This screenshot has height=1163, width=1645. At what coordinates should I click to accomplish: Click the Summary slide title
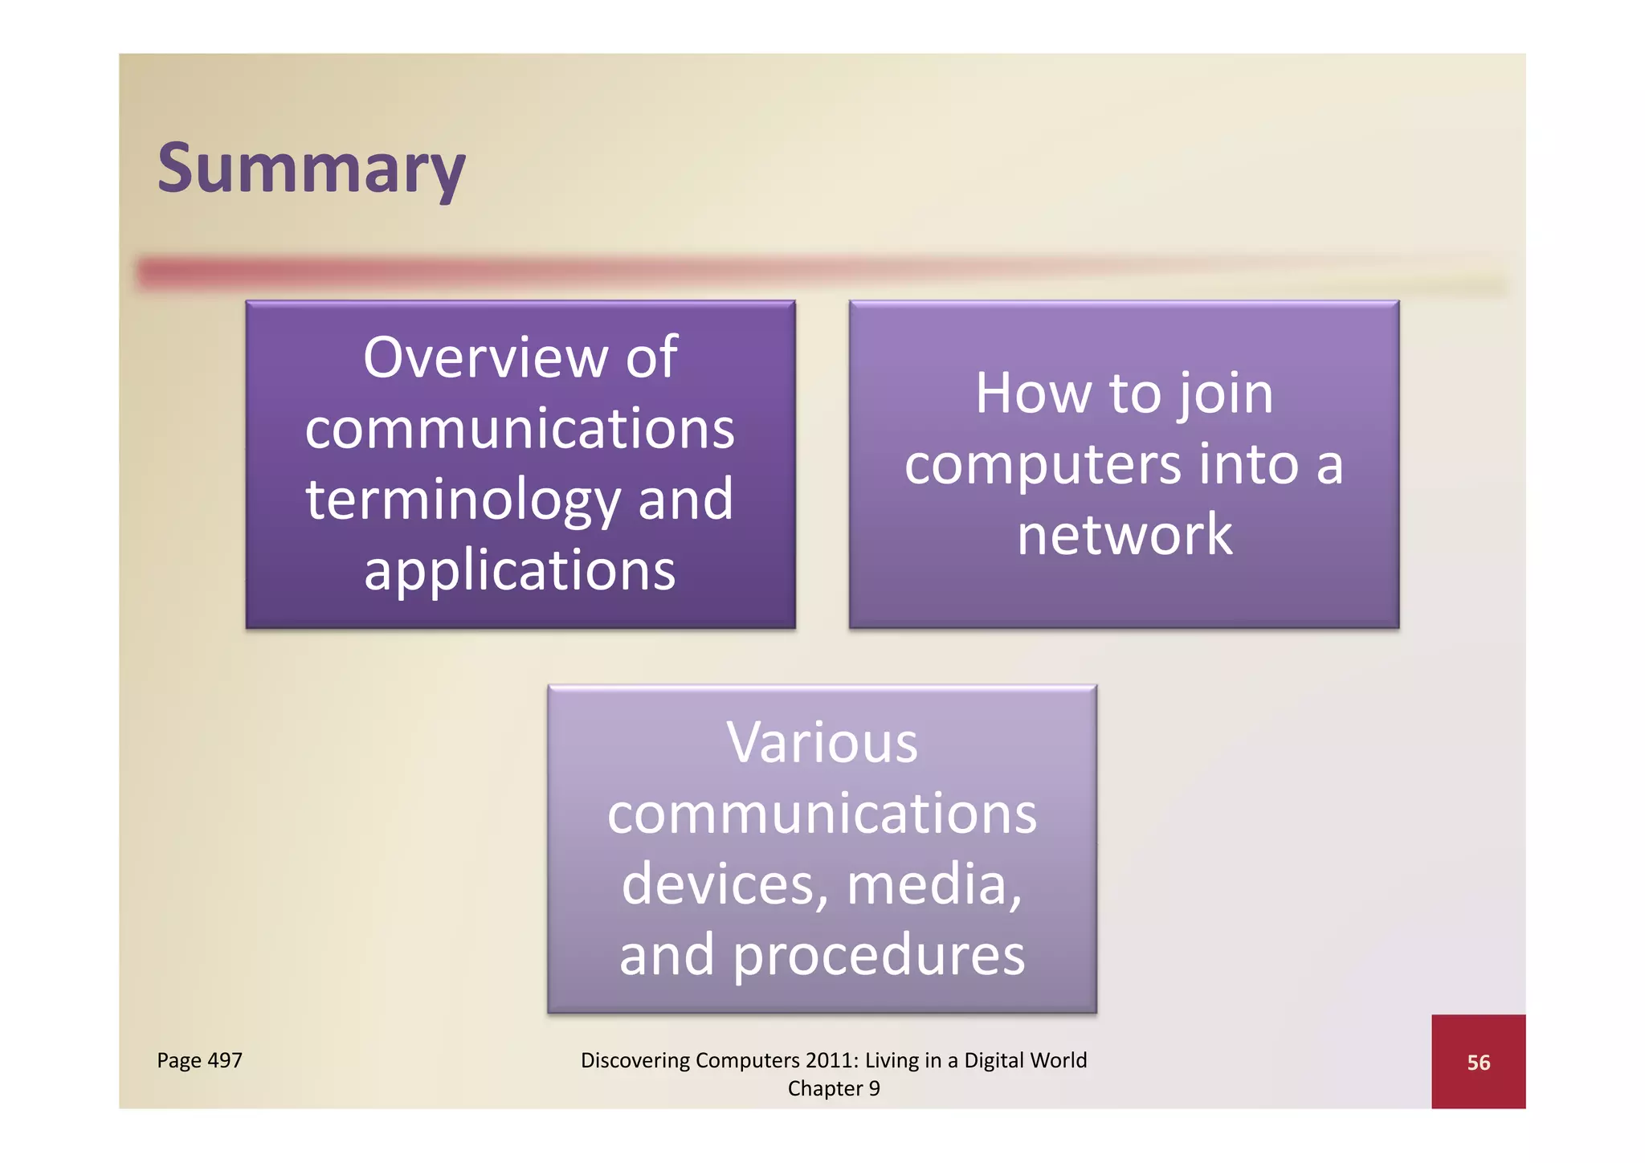311,169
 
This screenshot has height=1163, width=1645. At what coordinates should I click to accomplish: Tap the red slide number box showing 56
1477,1062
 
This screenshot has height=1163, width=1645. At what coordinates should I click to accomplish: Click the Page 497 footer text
199,1060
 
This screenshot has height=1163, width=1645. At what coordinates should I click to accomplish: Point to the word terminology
463,500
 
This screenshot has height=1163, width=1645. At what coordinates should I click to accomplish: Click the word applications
520,570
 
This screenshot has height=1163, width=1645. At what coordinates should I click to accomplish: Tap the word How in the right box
1033,394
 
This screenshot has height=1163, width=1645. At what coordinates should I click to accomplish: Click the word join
1226,395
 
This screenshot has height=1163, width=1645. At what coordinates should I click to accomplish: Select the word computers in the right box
1043,466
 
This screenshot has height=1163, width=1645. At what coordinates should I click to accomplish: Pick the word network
1124,535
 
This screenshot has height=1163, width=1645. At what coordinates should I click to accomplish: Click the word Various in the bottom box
822,742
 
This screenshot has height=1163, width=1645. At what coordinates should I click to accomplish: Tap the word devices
724,884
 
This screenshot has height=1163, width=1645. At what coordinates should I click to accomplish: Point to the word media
933,884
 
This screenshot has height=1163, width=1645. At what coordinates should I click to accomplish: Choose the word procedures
879,956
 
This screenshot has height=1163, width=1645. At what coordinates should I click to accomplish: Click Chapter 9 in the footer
833,1088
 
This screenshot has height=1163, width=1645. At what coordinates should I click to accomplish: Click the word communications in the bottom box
822,814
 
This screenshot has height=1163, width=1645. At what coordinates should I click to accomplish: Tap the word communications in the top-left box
520,428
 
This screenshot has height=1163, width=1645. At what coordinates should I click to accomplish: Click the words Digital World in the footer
1025,1060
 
